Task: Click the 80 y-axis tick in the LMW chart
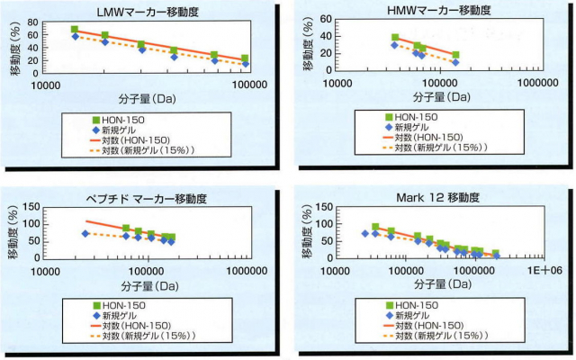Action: click(33, 22)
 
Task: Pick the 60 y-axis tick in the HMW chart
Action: click(325, 19)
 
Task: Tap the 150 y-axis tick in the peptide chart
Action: click(30, 208)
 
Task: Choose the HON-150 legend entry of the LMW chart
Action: click(121, 119)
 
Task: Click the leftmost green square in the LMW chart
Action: click(75, 30)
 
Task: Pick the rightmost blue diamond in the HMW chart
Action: click(455, 62)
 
